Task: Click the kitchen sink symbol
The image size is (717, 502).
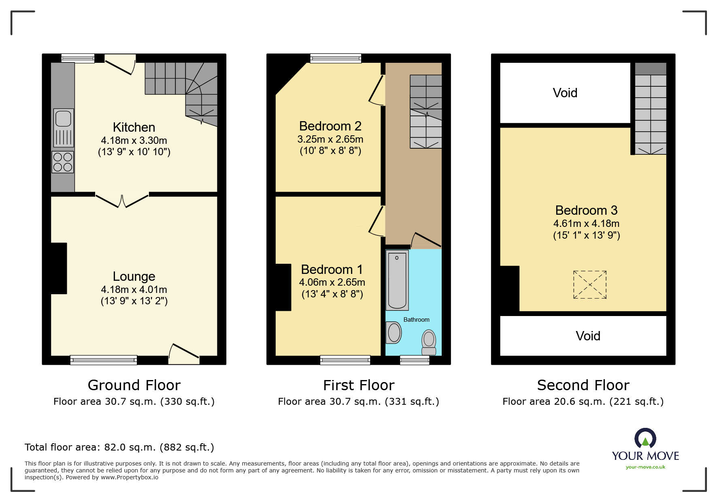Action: [64, 128]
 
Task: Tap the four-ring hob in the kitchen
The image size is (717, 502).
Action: [63, 162]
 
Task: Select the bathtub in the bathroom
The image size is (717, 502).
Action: [397, 280]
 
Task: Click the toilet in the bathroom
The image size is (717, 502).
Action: [429, 343]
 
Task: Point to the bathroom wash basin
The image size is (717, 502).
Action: [394, 333]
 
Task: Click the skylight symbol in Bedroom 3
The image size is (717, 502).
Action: [590, 285]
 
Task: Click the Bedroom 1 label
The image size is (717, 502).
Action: [332, 269]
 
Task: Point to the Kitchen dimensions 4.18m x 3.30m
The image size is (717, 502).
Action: [134, 141]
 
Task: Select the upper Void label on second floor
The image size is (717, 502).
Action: [565, 93]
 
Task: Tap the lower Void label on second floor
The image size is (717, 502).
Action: [587, 336]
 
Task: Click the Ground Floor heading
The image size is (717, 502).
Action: [134, 385]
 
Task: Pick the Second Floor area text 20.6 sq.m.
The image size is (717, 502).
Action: [583, 402]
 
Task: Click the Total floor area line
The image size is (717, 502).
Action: [119, 447]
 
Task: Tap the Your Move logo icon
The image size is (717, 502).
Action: [645, 439]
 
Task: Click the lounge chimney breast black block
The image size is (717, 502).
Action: [59, 268]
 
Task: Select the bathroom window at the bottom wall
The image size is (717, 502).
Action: [415, 360]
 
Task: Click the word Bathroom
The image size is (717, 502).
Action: [416, 320]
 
